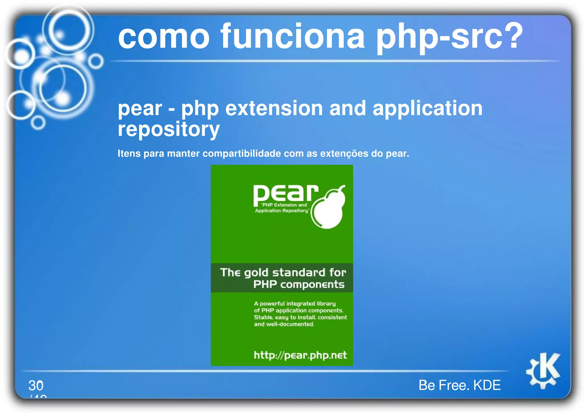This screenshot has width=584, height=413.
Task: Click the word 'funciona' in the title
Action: click(x=292, y=37)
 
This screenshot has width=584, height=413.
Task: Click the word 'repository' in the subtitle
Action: click(x=169, y=129)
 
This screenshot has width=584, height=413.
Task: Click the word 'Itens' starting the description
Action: click(x=129, y=153)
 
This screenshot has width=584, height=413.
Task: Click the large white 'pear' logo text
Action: click(x=285, y=194)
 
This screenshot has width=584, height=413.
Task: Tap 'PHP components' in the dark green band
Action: click(x=299, y=284)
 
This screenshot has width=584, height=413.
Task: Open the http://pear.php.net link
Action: click(x=300, y=355)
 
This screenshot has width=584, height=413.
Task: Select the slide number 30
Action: click(x=36, y=386)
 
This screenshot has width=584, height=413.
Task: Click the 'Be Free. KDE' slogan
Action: click(x=459, y=385)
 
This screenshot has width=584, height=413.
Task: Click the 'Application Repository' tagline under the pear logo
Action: click(x=281, y=211)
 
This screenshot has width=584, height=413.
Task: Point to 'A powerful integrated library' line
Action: click(x=295, y=304)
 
